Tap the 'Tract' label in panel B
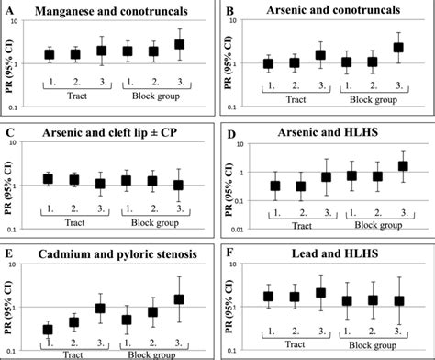pyautogui.click(x=283, y=106)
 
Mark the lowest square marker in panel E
pyautogui.click(x=49, y=329)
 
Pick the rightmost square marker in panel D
pyautogui.click(x=400, y=166)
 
